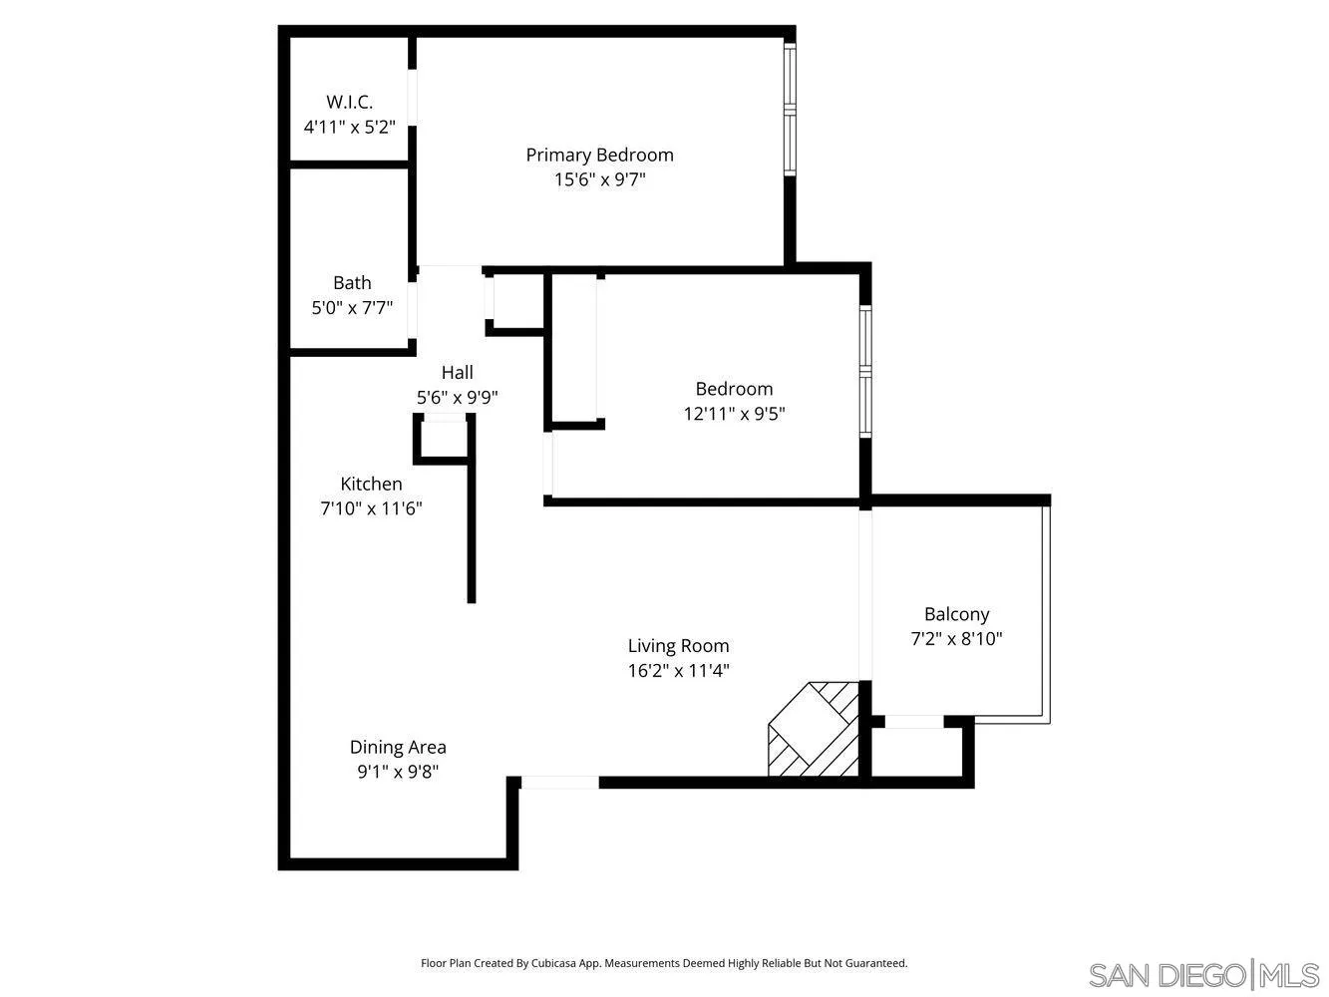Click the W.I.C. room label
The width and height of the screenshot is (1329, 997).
coord(349,102)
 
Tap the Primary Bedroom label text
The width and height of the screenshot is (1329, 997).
coord(599,155)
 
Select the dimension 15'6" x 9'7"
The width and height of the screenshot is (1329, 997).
coord(599,179)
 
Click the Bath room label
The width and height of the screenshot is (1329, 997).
coord(352,282)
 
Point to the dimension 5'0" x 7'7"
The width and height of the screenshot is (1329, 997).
coord(352,308)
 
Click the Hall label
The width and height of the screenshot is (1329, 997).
coord(457,372)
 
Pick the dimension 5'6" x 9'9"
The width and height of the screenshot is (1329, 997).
coord(457,397)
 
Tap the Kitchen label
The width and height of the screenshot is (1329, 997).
coord(371,484)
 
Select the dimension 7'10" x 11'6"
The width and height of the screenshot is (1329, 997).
coord(371,508)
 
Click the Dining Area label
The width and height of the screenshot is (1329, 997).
coord(398,747)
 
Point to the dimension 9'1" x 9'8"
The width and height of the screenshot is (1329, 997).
coord(398,772)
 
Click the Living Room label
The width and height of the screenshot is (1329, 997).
coord(678,646)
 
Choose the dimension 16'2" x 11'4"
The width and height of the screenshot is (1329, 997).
coord(678,671)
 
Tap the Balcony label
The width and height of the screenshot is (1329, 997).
coord(956,614)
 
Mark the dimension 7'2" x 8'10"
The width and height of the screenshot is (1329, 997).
coord(956,639)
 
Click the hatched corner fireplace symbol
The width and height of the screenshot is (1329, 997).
coord(814,730)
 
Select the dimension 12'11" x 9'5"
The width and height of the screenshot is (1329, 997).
coord(734,414)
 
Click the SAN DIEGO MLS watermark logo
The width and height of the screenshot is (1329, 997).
coord(1203,974)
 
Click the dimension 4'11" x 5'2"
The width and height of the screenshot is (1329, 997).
coord(349,128)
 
